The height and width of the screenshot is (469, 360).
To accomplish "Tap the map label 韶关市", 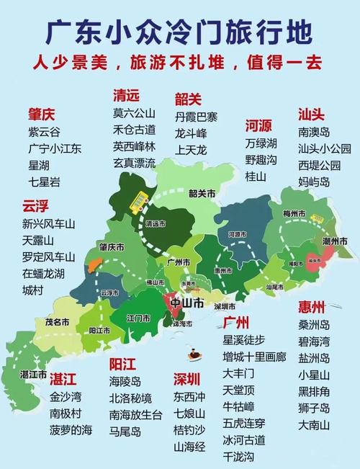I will click(x=202, y=193).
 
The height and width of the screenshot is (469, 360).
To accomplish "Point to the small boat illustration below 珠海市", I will click(x=194, y=353).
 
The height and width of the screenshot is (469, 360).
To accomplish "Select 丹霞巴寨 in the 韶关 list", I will click(x=196, y=117).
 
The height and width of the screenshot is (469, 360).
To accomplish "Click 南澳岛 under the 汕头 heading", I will click(x=314, y=133).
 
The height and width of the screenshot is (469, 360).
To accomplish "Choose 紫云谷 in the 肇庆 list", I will click(x=44, y=132).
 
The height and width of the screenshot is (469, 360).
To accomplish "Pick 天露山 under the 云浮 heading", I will click(x=38, y=240).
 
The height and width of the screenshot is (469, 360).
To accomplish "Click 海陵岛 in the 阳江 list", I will click(x=125, y=380).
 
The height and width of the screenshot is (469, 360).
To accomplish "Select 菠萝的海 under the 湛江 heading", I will click(x=71, y=430).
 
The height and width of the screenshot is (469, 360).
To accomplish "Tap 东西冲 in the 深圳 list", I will click(x=189, y=396).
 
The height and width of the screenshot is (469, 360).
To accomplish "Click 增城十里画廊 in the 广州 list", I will click(x=254, y=357).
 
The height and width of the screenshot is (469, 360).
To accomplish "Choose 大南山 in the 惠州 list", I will click(x=314, y=425).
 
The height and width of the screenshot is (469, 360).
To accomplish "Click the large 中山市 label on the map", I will click(x=186, y=302).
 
